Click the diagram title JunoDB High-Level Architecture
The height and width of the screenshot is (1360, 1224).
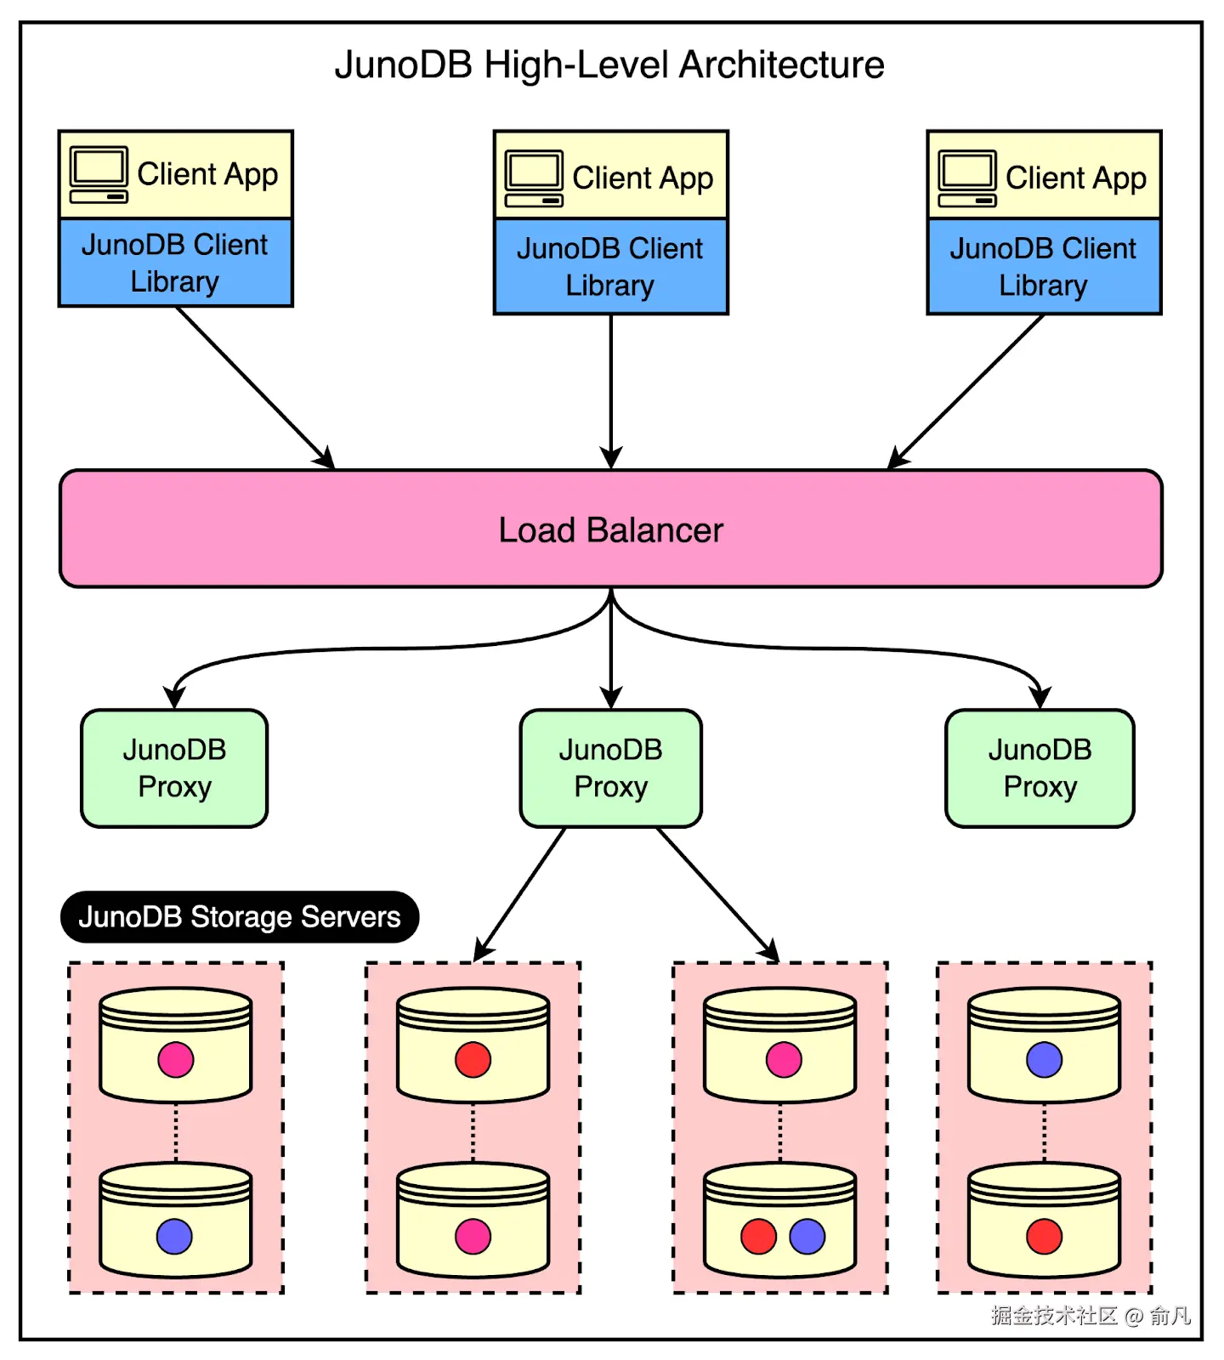(609, 65)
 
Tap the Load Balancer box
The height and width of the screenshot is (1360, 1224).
(610, 529)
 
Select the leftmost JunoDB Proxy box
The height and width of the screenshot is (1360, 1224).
(174, 768)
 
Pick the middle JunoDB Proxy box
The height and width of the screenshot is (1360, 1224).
(610, 768)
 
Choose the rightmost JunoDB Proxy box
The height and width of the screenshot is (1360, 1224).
(1040, 768)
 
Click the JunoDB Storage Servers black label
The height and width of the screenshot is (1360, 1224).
(240, 917)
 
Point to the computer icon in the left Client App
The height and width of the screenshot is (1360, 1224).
(99, 174)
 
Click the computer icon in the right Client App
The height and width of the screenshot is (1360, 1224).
(967, 178)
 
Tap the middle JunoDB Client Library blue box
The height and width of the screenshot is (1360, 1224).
(610, 267)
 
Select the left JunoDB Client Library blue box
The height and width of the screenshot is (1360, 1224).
(175, 263)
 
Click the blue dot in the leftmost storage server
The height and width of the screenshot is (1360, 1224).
(174, 1237)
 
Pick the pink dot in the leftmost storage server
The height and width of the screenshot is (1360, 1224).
(176, 1060)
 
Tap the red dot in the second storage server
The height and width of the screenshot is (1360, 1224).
(473, 1060)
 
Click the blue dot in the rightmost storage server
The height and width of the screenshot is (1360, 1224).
(1044, 1060)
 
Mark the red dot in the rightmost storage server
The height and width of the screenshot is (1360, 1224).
(1044, 1237)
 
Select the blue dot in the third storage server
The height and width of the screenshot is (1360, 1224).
(807, 1237)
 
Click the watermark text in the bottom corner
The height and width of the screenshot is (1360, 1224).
(1090, 1317)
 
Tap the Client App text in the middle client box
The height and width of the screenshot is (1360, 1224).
(643, 178)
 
